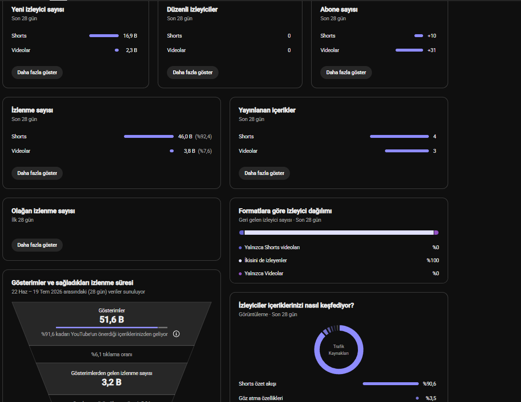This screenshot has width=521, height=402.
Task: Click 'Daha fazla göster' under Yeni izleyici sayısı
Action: click(37, 72)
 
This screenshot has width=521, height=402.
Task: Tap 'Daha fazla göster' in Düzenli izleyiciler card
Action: click(192, 72)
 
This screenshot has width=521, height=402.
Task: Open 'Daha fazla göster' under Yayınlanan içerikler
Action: click(264, 173)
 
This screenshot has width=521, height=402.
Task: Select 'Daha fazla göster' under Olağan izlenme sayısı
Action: click(37, 245)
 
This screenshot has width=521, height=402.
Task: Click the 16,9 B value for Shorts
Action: click(130, 36)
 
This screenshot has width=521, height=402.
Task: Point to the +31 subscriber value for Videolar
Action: click(432, 50)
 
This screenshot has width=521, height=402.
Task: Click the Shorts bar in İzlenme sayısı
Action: click(149, 136)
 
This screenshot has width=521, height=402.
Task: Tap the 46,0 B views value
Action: click(185, 136)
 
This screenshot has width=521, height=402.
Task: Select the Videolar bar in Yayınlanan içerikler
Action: click(407, 151)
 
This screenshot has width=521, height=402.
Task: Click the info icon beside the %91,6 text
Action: click(177, 334)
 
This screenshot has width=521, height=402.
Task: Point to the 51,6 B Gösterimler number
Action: click(111, 320)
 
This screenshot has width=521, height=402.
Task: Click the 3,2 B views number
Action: click(111, 382)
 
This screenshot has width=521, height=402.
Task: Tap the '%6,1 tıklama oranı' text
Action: click(111, 354)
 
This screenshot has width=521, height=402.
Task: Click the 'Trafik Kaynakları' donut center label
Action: click(339, 350)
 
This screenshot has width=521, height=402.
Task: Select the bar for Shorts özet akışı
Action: click(391, 384)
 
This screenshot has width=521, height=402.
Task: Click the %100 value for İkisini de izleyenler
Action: click(433, 260)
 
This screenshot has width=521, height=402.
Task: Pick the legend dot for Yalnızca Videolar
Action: click(240, 273)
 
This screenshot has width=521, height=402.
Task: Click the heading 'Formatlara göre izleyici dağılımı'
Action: click(285, 211)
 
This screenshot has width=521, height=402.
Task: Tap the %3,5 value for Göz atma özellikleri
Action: click(431, 398)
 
